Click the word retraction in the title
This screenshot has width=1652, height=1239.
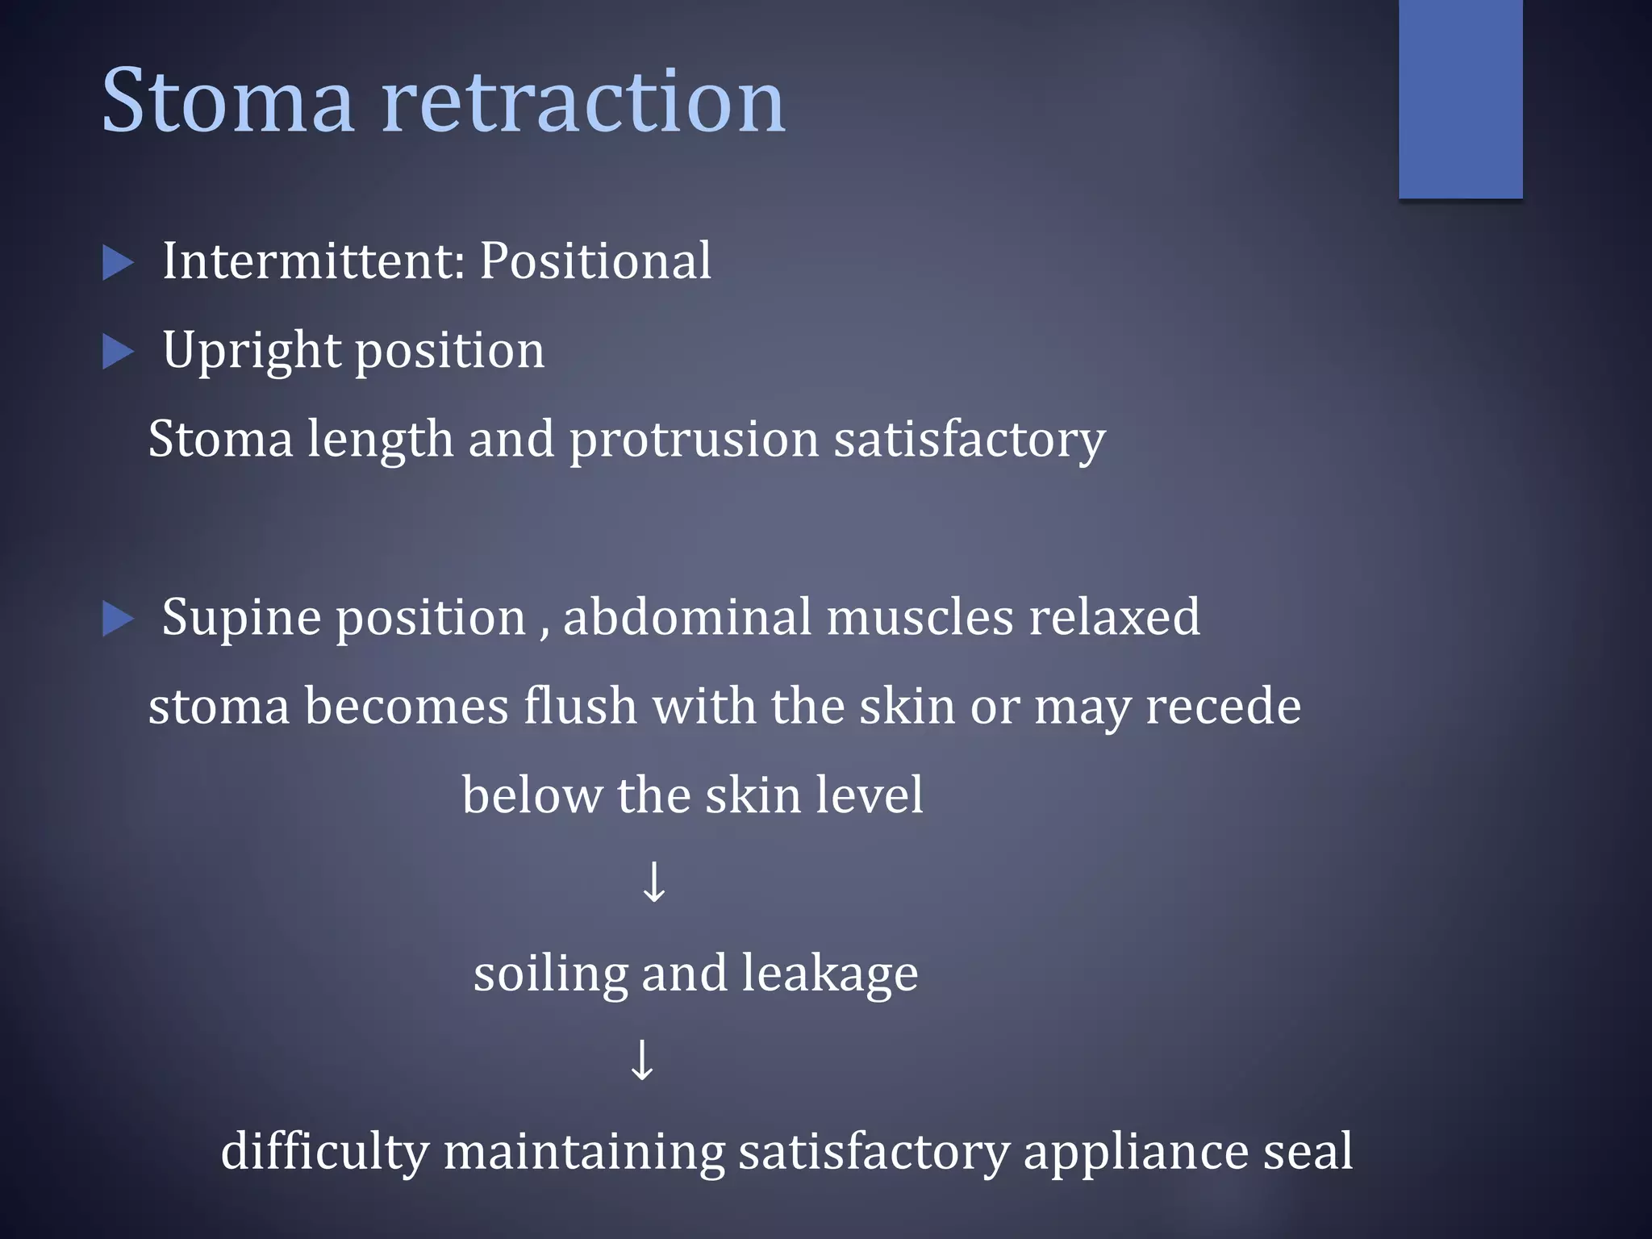point(582,102)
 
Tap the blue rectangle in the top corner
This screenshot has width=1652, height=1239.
point(1460,98)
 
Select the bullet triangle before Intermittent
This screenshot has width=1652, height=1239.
point(118,264)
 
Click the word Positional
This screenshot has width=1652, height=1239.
point(595,261)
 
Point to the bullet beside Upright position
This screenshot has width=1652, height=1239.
point(118,353)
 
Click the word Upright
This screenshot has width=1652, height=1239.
point(251,352)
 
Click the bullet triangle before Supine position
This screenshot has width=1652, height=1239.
point(118,619)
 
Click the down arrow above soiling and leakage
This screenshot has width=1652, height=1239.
point(653,882)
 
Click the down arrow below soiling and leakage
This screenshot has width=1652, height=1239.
point(642,1060)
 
